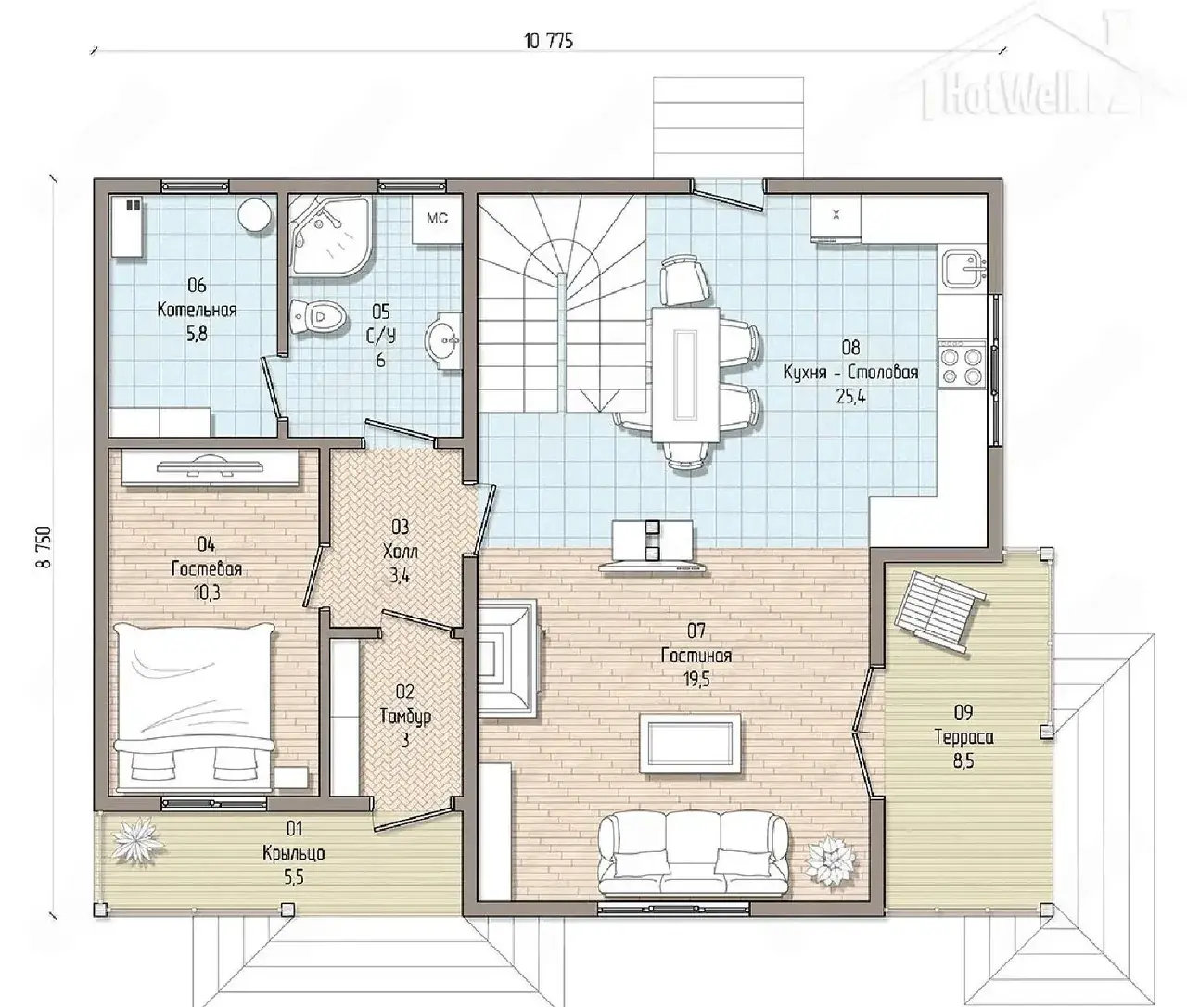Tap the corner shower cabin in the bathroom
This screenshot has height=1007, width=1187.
(x=329, y=236)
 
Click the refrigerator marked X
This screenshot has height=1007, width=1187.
(x=836, y=218)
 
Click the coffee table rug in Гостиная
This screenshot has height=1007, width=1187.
(x=690, y=743)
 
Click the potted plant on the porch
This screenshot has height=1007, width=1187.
(x=136, y=843)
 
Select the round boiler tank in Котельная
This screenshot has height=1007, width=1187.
(x=255, y=215)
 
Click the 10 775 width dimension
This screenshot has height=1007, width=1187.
(x=549, y=42)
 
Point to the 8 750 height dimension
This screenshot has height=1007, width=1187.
(x=45, y=546)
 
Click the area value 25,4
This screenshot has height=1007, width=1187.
(x=850, y=397)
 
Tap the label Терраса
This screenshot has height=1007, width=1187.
(x=964, y=736)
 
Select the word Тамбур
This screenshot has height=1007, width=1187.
(x=405, y=717)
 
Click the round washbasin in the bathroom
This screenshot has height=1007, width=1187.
(x=443, y=341)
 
